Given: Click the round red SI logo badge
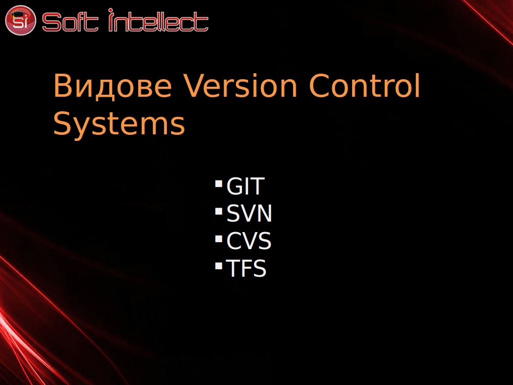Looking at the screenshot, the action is [x=20, y=20].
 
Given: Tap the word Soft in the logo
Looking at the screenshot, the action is [x=70, y=22].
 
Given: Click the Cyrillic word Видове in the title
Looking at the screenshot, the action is [x=113, y=86].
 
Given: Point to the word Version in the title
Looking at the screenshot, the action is [x=240, y=85].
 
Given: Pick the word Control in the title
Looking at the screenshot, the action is [x=365, y=85].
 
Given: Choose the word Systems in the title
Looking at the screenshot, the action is [x=119, y=124].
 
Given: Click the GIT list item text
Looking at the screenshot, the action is [x=245, y=186].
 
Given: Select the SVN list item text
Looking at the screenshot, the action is [x=249, y=214].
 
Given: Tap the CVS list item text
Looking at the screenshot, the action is [x=249, y=241].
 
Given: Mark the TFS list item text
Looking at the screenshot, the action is [x=246, y=269].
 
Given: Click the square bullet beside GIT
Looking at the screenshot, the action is [x=219, y=183].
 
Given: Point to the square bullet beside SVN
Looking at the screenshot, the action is [x=219, y=211].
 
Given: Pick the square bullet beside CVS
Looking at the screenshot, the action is [x=219, y=239].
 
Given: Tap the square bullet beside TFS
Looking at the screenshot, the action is [x=219, y=266].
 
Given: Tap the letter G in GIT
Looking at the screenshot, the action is [x=234, y=186].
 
